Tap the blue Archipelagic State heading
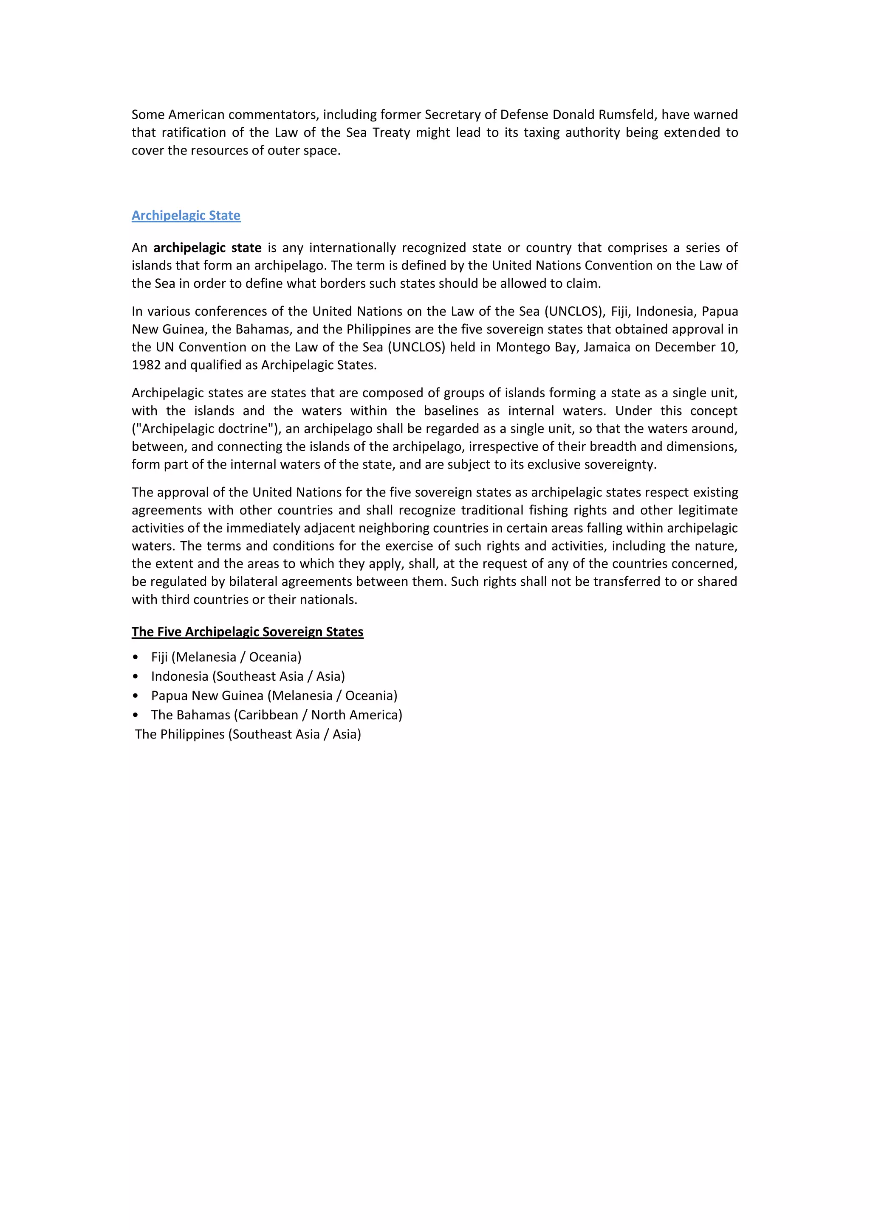point(186,215)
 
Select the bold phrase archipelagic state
point(207,247)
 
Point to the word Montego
point(518,347)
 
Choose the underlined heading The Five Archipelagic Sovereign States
point(247,632)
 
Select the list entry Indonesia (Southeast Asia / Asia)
point(248,676)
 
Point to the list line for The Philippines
point(248,734)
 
